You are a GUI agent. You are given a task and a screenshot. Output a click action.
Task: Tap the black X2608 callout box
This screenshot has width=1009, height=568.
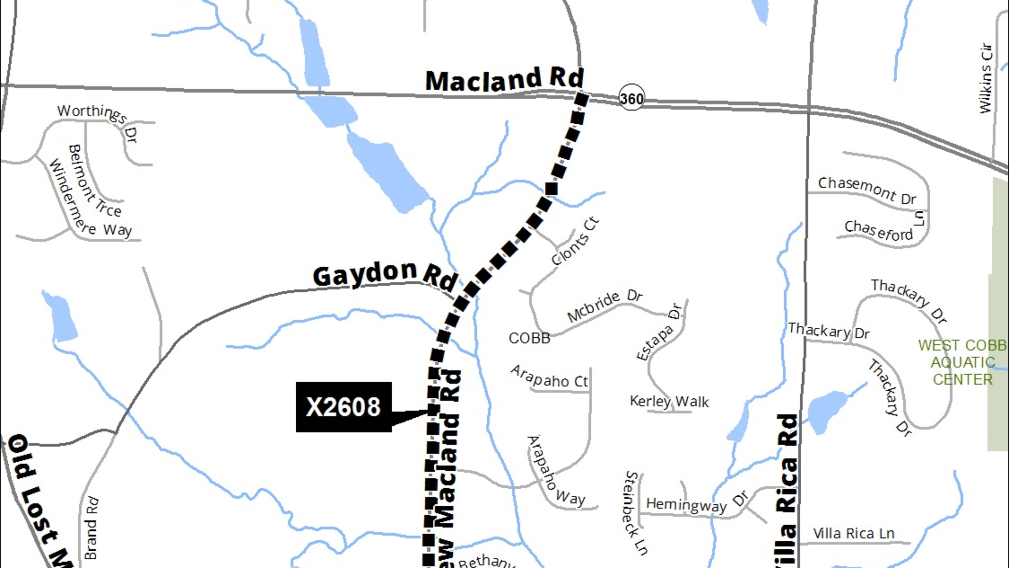click(343, 407)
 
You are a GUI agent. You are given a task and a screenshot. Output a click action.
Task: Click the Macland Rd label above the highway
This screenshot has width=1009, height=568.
click(504, 80)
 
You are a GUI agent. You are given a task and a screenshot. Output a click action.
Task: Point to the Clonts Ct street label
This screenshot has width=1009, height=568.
click(575, 241)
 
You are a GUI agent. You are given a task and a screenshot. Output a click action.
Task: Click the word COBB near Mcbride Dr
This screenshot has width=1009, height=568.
click(529, 338)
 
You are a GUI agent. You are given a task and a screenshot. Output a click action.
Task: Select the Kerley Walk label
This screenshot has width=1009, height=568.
click(669, 401)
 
